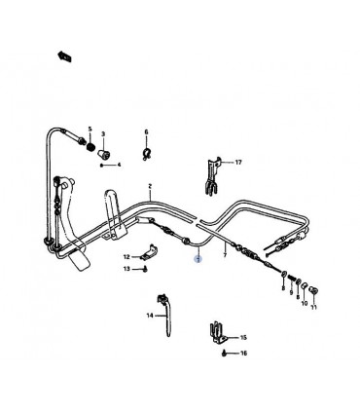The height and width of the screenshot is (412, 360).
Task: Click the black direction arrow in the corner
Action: [64, 56]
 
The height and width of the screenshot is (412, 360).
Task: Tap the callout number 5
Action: [90, 130]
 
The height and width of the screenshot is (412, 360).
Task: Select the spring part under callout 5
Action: [91, 146]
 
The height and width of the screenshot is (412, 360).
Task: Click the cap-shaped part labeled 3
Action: [104, 153]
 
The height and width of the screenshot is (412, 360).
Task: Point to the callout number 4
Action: [119, 165]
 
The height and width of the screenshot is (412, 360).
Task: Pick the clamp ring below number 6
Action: [147, 153]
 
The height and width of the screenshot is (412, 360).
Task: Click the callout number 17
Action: [238, 162]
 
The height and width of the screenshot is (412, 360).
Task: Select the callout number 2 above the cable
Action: [150, 186]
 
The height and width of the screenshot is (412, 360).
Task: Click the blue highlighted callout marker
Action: [198, 259]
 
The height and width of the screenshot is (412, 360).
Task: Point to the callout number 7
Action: [225, 255]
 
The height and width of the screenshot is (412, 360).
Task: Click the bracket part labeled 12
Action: [149, 252]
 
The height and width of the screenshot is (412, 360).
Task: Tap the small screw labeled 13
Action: [145, 269]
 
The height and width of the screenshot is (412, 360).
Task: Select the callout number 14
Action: [150, 316]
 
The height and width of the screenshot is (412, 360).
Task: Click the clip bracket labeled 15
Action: [217, 332]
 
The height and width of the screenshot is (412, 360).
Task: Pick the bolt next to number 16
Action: [224, 354]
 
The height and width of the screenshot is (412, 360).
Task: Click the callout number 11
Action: [313, 307]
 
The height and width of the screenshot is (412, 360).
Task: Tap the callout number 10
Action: [305, 304]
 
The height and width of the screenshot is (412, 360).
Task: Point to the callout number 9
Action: [291, 292]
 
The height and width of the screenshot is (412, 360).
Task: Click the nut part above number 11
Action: [313, 290]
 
